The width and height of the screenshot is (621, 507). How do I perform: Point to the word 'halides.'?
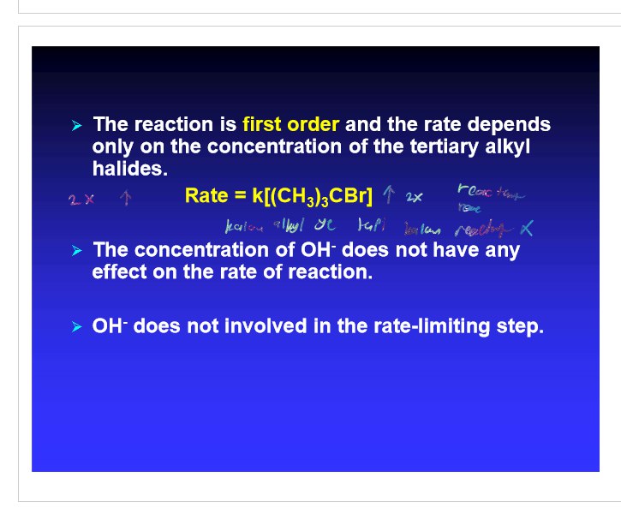coord(129,168)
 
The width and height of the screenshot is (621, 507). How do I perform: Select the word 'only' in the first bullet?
coord(112,146)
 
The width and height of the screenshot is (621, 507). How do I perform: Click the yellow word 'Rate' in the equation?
coord(206,197)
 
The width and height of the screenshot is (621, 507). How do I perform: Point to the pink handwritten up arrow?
coord(125,199)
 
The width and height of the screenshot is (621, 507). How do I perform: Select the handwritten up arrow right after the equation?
coord(389,196)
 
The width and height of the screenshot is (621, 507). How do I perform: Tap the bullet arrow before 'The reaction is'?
coord(76,126)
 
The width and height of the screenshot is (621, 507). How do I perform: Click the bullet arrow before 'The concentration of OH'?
coord(76,252)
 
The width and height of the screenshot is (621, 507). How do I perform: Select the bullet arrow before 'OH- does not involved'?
coord(76,328)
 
